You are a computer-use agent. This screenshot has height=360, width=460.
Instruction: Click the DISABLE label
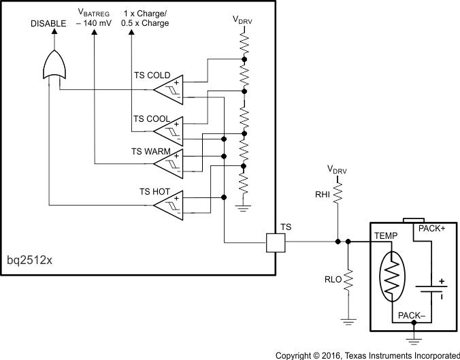(48, 24)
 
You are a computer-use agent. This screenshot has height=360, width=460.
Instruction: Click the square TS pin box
(275, 242)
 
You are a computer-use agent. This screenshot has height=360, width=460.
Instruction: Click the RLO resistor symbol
(348, 280)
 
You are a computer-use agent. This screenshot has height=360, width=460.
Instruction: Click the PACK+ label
(431, 229)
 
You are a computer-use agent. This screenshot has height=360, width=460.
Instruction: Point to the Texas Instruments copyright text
(367, 355)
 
